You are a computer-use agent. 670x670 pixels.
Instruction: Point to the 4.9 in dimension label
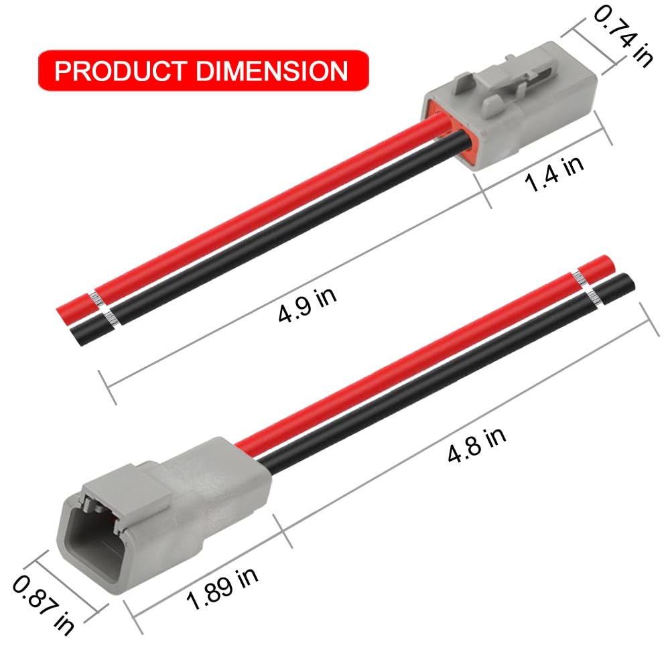pos(308,306)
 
